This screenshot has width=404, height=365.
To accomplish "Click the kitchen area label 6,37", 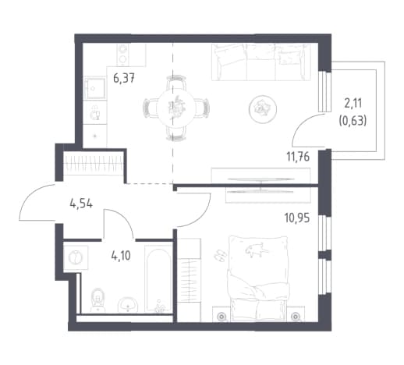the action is (x=124, y=78).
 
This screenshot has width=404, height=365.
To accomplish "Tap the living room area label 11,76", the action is (x=298, y=157).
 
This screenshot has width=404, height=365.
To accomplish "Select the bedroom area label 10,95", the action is (x=297, y=218).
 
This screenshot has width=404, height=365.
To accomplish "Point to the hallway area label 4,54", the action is (x=81, y=204).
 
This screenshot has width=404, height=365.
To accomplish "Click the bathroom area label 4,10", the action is (x=121, y=256).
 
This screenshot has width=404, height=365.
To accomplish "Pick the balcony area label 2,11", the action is (x=353, y=104).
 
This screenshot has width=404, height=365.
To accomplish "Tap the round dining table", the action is (x=175, y=108).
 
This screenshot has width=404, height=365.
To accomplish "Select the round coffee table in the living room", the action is (x=263, y=108).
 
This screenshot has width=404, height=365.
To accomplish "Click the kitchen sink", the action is (x=95, y=88).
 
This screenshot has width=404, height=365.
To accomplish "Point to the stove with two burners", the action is (x=123, y=55).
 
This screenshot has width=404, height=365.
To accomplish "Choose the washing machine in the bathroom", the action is (x=76, y=257).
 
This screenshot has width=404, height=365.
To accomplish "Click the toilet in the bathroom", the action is (x=98, y=300).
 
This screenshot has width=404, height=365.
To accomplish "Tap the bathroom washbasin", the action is (x=128, y=305).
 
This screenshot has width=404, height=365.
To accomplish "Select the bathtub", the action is (x=158, y=278).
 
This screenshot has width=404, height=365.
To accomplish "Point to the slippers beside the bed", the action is (x=221, y=255).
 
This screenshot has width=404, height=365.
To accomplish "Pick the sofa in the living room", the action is (x=261, y=62).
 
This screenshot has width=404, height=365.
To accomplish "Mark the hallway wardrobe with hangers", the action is (x=93, y=165).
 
